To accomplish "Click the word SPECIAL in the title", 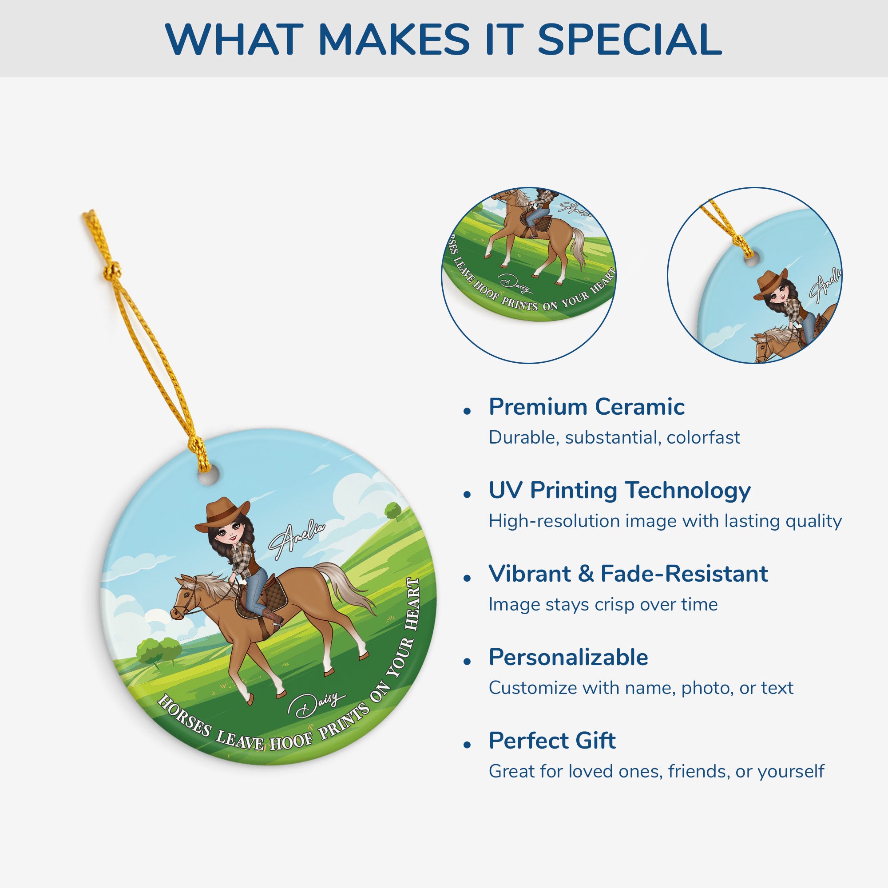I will pyautogui.click(x=629, y=40).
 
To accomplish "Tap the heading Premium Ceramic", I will pyautogui.click(x=587, y=407).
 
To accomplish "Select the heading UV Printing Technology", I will pyautogui.click(x=619, y=490).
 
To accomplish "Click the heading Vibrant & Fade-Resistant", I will pyautogui.click(x=628, y=574).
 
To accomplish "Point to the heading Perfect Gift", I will pyautogui.click(x=552, y=741).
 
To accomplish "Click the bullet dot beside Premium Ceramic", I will pyautogui.click(x=468, y=411).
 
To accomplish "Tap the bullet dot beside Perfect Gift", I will pyautogui.click(x=468, y=745).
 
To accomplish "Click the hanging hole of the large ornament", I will pyautogui.click(x=208, y=478).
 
